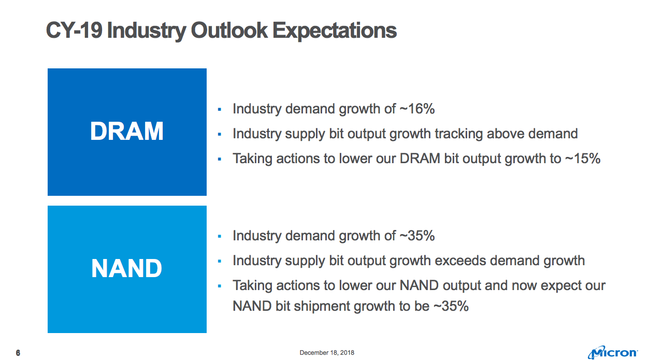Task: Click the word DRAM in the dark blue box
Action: pyautogui.click(x=127, y=132)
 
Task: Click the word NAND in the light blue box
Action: pyautogui.click(x=127, y=268)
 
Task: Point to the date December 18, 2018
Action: pyautogui.click(x=327, y=353)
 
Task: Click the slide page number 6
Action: pyautogui.click(x=18, y=353)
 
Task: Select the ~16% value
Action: pyautogui.click(x=417, y=109)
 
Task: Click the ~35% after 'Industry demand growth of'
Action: pyautogui.click(x=417, y=236)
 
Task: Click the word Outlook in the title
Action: pyautogui.click(x=229, y=31)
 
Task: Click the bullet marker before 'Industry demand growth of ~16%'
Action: pyautogui.click(x=220, y=110)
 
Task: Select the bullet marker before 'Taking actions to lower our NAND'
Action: pyautogui.click(x=220, y=286)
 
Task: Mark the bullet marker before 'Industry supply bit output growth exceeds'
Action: pyautogui.click(x=220, y=261)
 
